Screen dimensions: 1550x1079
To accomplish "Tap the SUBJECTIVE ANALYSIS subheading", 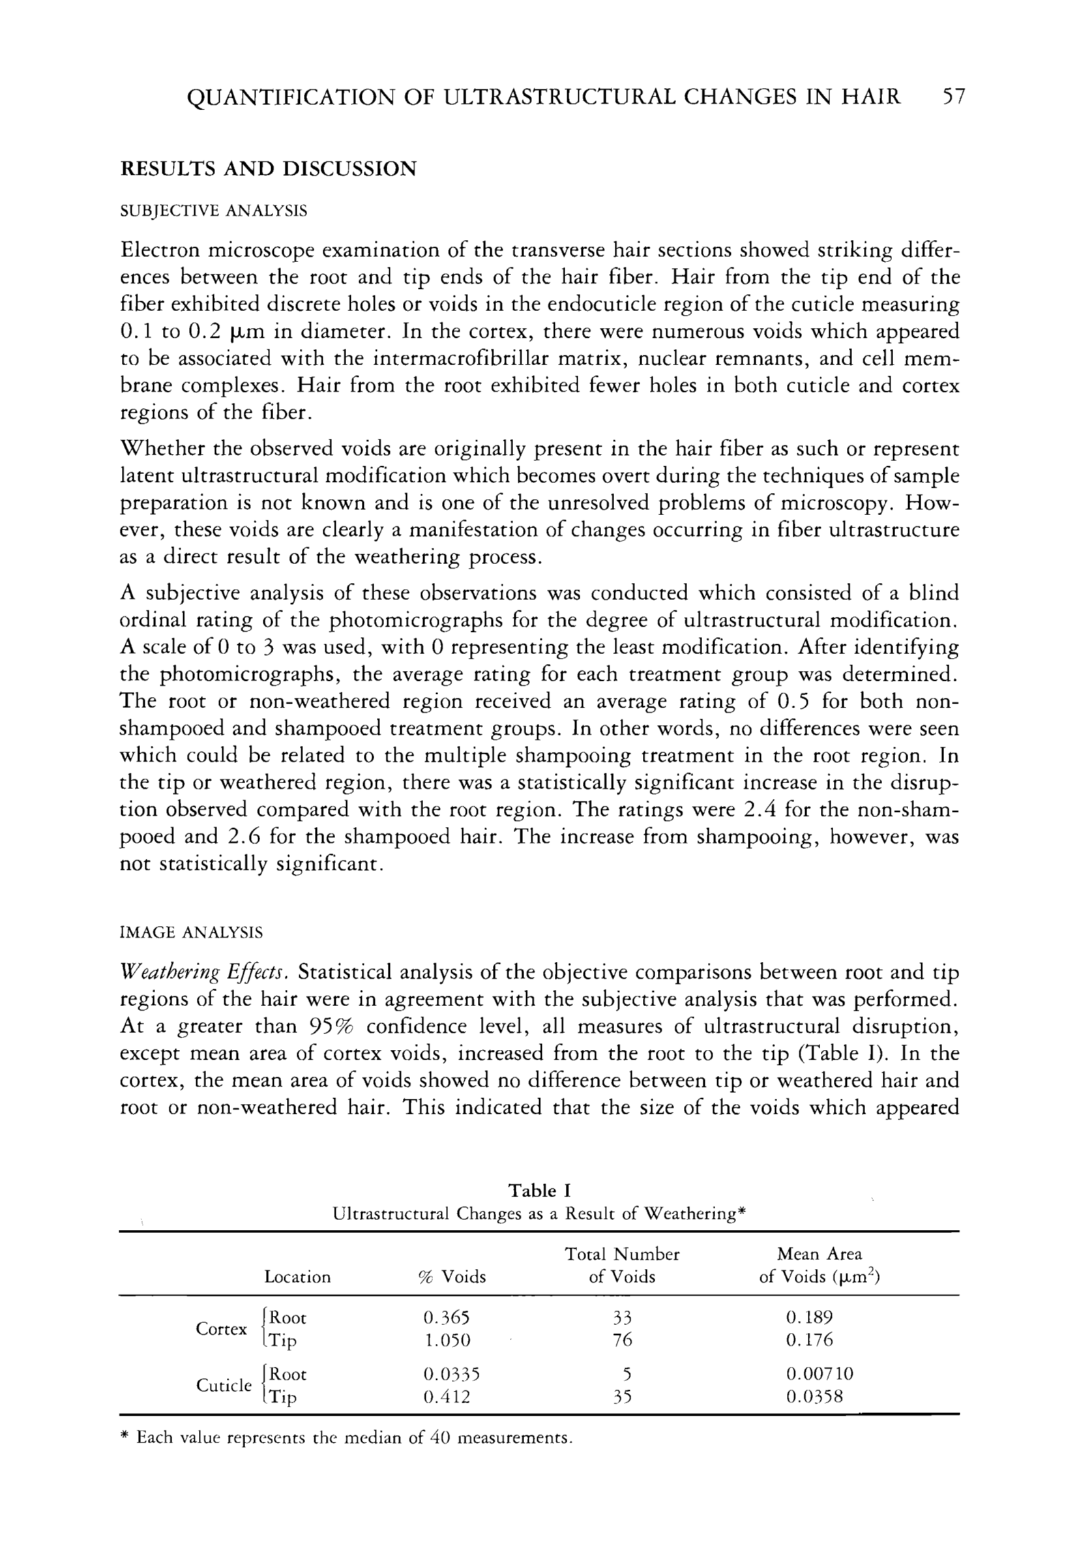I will coord(213,211).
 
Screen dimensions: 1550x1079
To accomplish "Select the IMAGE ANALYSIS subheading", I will coord(191,933).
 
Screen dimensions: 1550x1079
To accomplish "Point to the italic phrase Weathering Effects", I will coord(205,974).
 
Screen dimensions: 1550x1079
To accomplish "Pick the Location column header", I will coord(297,1277).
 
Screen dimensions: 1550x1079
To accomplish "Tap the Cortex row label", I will coord(221,1329).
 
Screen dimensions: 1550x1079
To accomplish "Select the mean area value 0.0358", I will coord(814,1396).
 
